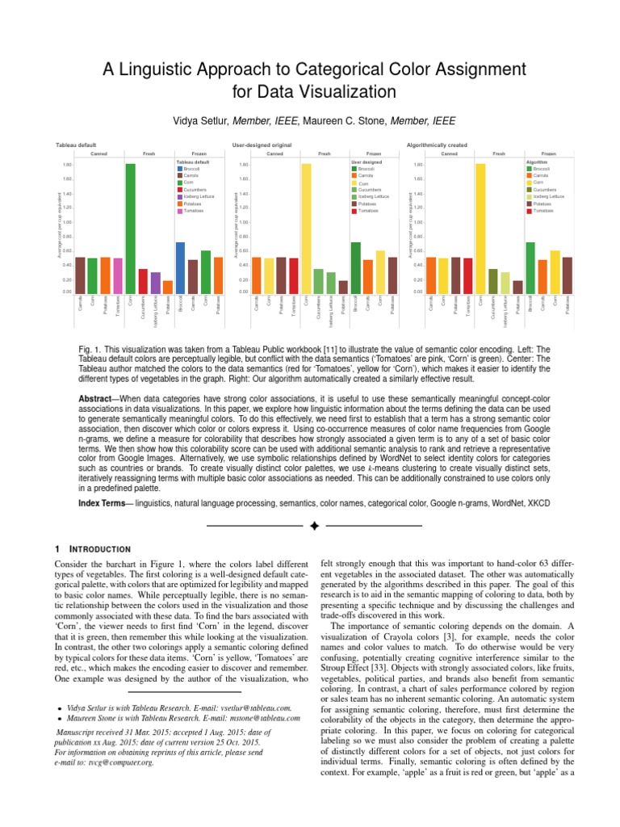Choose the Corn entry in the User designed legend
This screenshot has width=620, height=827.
(365, 183)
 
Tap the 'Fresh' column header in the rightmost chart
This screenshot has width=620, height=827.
(499, 153)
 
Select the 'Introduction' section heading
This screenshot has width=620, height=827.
(101, 548)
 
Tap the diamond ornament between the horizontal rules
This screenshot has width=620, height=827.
(315, 527)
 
